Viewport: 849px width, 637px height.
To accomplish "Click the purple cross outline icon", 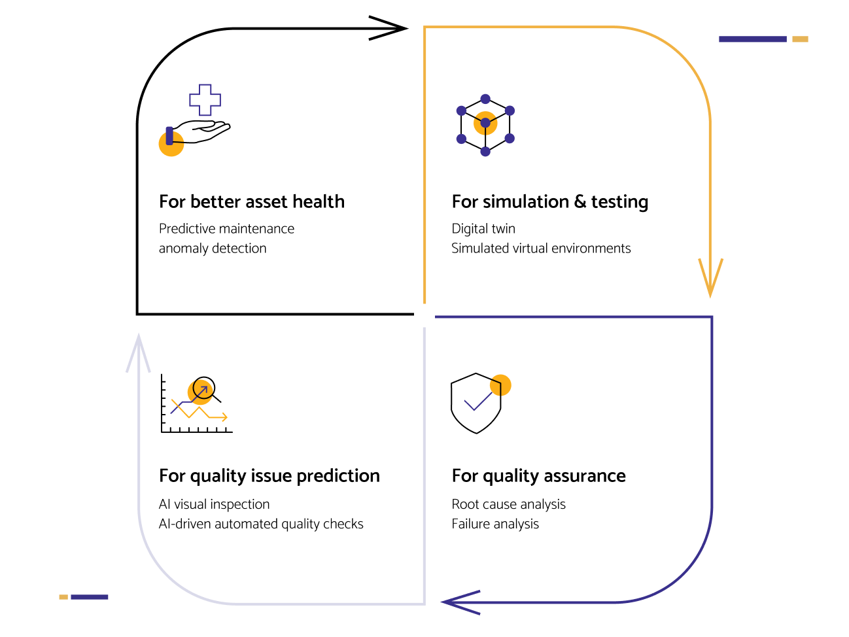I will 205,100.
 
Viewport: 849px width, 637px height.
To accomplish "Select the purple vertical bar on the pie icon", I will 169,135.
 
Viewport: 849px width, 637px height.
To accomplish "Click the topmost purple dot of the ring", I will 485,99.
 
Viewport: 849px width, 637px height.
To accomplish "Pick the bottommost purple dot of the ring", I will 485,152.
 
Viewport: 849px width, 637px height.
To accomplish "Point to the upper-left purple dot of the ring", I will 461,111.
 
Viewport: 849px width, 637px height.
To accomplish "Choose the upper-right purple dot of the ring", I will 510,111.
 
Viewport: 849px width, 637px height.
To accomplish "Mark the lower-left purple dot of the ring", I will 461,139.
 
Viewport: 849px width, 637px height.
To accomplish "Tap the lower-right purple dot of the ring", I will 510,139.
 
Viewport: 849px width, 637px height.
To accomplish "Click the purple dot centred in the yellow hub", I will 485,123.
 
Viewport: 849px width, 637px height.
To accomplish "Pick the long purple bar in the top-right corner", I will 752,39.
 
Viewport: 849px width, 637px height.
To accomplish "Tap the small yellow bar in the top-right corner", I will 800,39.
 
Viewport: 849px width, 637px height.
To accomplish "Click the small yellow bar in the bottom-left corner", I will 63,597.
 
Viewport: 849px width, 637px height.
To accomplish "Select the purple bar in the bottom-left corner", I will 90,597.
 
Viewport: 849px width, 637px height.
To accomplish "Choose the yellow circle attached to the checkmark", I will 500,385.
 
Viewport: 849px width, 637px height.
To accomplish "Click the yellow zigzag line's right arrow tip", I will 226,417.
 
